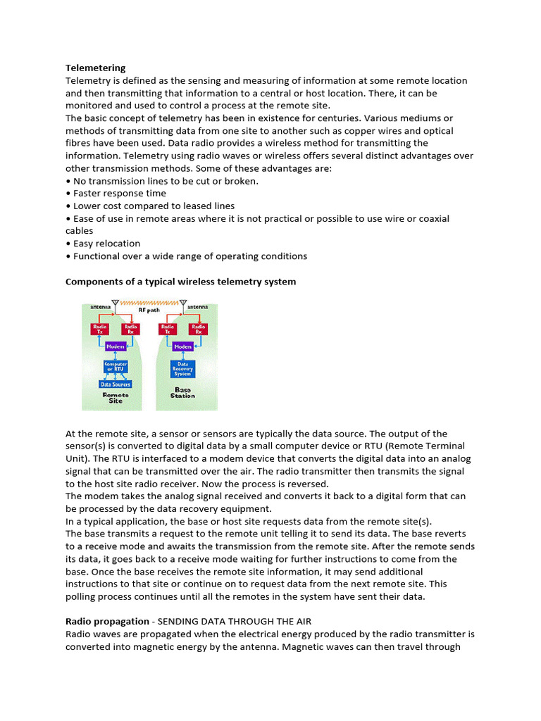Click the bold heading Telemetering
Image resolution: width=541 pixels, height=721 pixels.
(95, 68)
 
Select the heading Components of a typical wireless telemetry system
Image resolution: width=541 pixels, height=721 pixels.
(180, 282)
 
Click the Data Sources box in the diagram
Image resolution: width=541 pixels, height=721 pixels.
(115, 384)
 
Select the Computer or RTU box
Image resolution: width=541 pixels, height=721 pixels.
(115, 366)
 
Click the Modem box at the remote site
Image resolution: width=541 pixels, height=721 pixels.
(115, 346)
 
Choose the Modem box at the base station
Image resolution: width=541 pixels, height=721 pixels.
(182, 346)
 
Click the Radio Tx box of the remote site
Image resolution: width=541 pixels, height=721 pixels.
(99, 328)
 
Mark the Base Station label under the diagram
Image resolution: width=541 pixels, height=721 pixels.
(182, 392)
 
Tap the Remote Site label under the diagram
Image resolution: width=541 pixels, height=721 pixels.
(115, 398)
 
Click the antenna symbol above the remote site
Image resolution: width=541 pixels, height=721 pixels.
(115, 304)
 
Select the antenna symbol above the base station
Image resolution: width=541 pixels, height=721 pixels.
(182, 304)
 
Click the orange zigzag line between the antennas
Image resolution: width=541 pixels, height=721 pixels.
(149, 302)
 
